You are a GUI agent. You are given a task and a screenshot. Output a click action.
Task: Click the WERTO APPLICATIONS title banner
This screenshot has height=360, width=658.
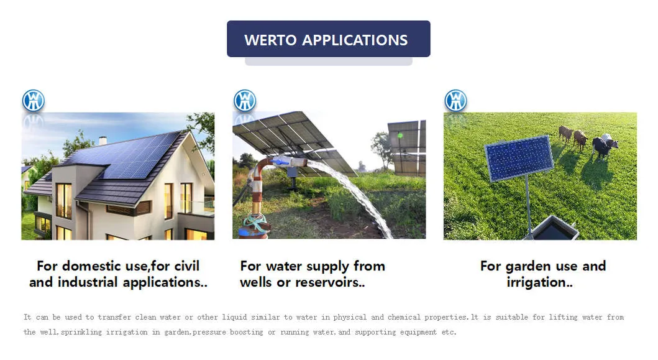point(328,39)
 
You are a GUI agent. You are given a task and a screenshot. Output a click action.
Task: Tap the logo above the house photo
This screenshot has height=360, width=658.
point(34,101)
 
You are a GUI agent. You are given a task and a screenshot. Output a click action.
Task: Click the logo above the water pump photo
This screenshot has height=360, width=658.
point(245,101)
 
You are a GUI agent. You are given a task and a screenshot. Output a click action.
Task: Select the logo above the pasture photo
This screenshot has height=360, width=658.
point(455,101)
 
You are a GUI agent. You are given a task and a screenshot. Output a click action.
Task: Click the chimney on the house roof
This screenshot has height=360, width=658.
point(103,141)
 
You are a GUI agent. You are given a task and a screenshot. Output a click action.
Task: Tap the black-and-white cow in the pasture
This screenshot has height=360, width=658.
point(604,145)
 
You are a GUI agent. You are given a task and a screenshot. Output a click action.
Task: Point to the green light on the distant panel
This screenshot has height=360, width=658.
point(400,135)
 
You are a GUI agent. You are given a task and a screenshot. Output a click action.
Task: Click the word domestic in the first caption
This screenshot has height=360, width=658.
point(91,266)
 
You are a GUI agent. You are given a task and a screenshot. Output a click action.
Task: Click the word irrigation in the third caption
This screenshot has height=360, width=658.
point(537,282)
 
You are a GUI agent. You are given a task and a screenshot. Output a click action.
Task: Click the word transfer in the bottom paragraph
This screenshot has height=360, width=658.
point(115,317)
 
